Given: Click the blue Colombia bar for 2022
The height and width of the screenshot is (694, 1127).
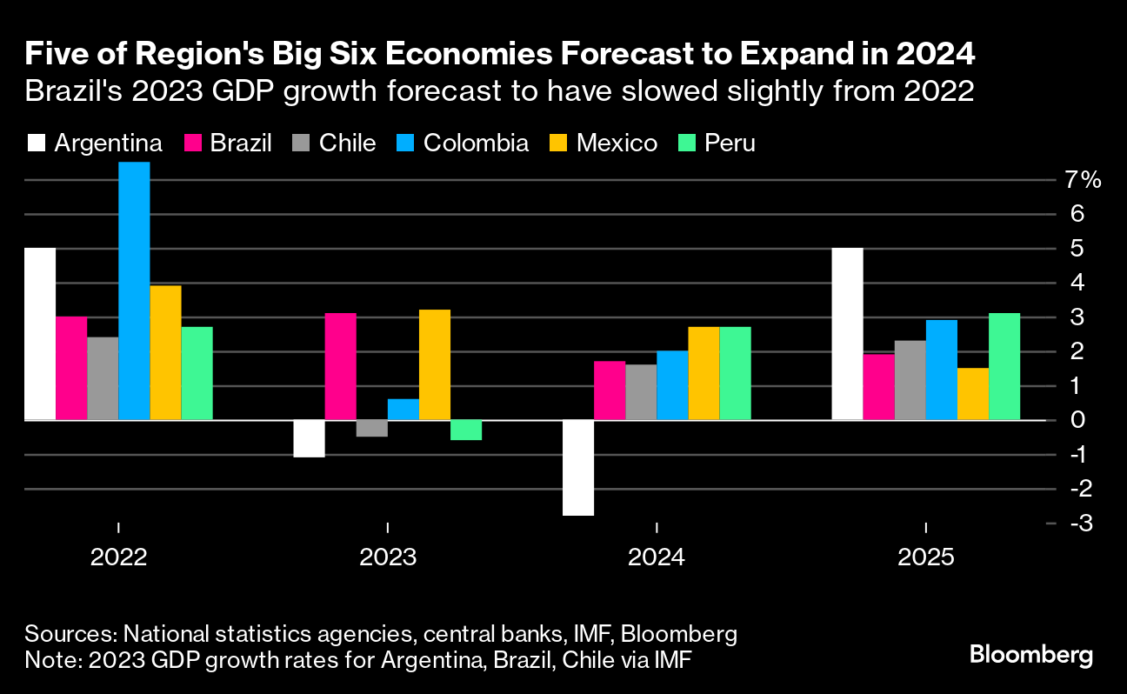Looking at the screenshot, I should [x=134, y=290].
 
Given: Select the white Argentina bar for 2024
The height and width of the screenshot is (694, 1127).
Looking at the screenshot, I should [x=579, y=468].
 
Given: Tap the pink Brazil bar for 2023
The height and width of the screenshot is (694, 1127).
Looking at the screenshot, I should [x=340, y=366].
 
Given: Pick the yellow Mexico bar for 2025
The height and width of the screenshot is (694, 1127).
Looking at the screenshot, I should [x=973, y=394].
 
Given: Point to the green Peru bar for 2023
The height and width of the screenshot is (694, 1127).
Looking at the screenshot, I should [x=466, y=430].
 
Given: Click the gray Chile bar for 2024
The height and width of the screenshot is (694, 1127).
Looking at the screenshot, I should [x=641, y=392].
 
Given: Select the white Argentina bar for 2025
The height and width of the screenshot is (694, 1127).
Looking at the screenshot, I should [x=848, y=334].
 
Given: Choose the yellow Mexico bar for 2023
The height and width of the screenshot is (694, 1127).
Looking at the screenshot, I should [x=435, y=364].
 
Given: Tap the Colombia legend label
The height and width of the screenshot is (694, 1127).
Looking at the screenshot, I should [x=476, y=143].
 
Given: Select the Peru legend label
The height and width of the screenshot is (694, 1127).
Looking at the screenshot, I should [x=730, y=143].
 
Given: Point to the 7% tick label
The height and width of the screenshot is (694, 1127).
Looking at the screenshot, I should [x=1084, y=180].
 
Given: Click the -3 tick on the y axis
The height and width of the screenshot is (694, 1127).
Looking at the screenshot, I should [x=1081, y=523].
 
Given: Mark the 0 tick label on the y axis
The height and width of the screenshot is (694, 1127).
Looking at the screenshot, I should [x=1078, y=420].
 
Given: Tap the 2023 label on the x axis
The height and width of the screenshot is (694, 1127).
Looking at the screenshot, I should [x=388, y=557].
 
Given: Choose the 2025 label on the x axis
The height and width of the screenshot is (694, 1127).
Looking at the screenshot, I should [x=926, y=557].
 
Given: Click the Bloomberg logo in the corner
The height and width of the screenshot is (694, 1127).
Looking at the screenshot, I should [x=1030, y=654].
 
